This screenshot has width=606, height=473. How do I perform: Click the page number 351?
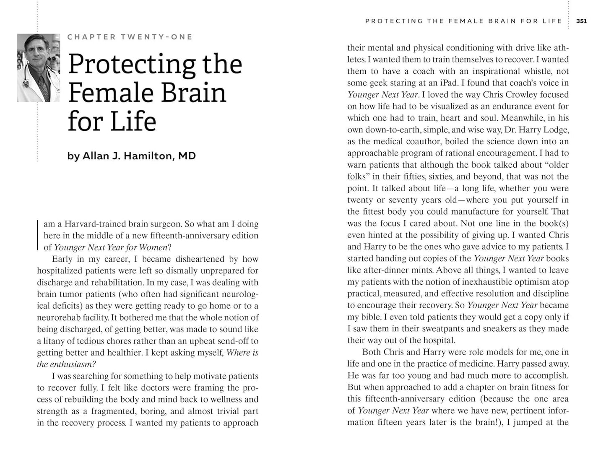tap(581, 21)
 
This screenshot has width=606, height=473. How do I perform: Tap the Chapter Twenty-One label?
tap(130, 37)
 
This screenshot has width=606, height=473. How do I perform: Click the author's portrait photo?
tap(38, 68)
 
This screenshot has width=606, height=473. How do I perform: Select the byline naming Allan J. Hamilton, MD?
tap(131, 156)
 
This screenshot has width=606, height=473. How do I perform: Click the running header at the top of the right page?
tap(463, 21)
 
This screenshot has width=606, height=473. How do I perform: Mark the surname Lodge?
tap(555, 130)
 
